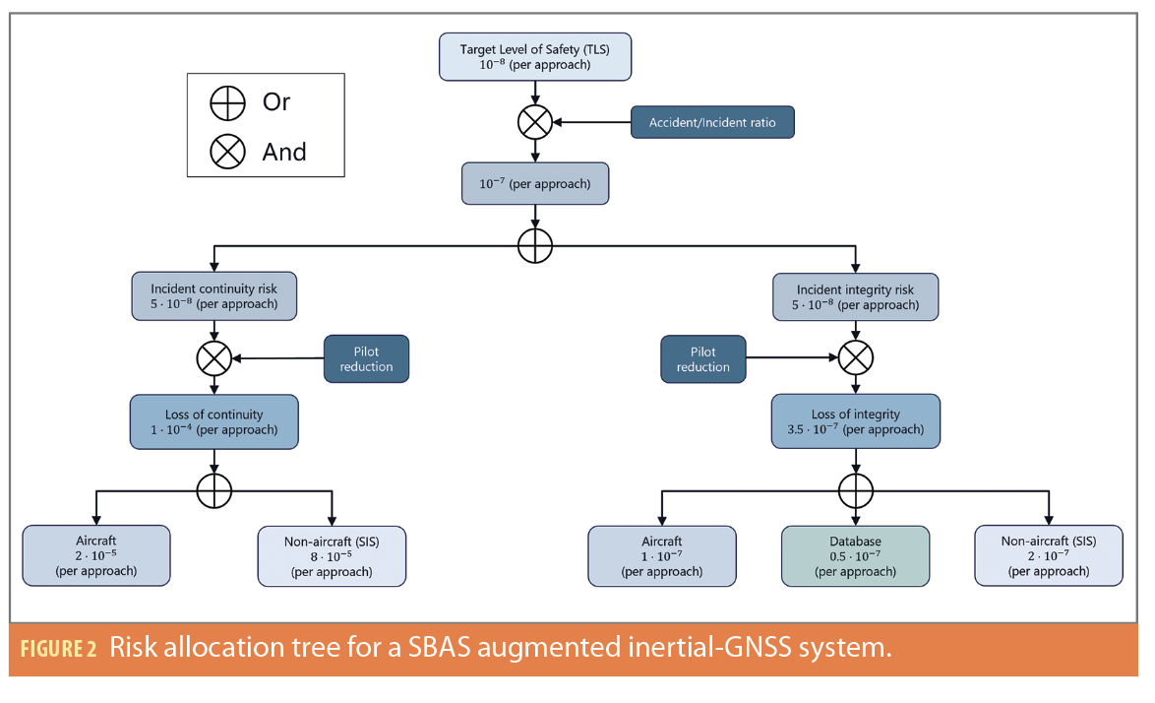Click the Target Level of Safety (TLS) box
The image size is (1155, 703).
(534, 57)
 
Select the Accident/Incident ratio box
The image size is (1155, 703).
(711, 123)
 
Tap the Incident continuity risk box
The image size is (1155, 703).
(213, 296)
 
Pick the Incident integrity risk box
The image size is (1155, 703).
(856, 297)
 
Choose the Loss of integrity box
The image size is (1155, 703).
(856, 421)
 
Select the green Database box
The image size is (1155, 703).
(855, 556)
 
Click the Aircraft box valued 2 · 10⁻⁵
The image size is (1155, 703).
(96, 556)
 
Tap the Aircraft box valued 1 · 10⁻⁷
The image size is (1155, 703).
(662, 556)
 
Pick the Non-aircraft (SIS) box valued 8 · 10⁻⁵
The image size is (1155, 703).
(332, 556)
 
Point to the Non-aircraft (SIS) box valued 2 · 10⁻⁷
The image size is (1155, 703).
(1048, 556)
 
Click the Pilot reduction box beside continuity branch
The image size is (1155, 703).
(366, 359)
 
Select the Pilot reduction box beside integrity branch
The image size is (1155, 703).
(703, 359)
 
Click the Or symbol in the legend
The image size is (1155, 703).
(228, 102)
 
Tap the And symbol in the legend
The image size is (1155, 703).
(228, 152)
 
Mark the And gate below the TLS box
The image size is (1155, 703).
(534, 122)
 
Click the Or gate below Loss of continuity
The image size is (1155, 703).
(213, 489)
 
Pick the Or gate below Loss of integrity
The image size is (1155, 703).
(856, 489)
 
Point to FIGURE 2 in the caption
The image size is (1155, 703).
(57, 649)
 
